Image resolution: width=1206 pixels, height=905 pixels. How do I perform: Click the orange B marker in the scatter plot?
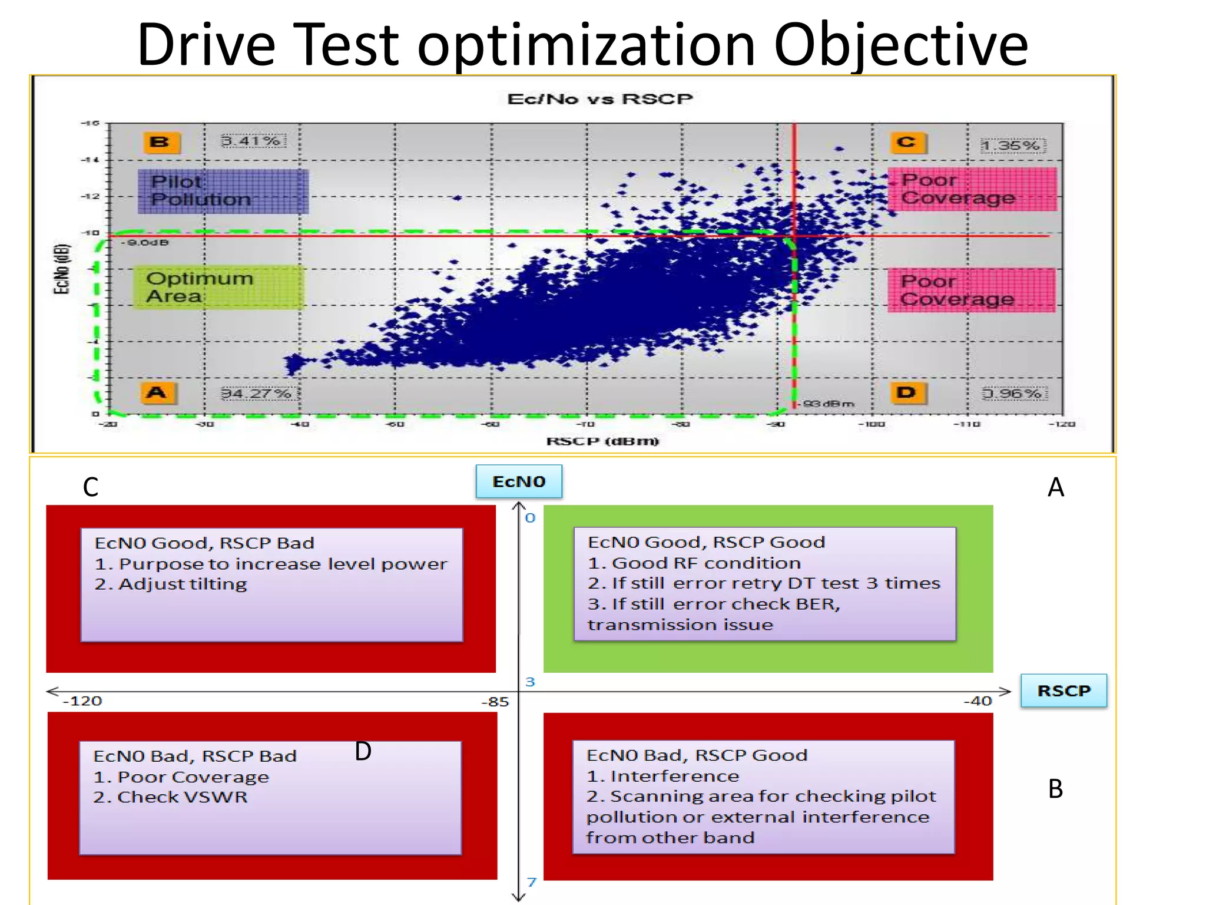point(161,142)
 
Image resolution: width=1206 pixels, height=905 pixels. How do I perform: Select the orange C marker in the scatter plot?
point(907,143)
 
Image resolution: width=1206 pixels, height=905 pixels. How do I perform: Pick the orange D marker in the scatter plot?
point(907,393)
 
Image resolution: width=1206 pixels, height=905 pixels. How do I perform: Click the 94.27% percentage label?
point(256,393)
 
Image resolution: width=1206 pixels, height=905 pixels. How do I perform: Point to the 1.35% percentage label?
point(1012,146)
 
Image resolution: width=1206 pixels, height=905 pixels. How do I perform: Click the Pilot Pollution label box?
point(223,191)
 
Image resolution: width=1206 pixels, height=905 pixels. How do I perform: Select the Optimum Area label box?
point(218,287)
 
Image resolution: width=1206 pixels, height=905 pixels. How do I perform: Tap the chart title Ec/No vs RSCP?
point(600,99)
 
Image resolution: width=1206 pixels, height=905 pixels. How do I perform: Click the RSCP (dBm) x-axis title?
point(602,441)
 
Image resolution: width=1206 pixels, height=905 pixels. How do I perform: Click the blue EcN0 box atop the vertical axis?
point(519,481)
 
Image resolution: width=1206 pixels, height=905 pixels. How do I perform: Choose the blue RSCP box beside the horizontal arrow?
point(1063,691)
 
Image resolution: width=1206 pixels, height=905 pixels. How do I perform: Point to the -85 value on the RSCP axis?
point(495,702)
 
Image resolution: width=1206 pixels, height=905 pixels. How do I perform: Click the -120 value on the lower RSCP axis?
point(82,701)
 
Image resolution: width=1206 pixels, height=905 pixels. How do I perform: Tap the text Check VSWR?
point(182,797)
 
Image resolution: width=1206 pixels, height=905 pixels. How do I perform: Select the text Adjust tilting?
point(183,584)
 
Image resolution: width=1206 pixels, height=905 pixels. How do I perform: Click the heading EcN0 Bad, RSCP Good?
point(697,755)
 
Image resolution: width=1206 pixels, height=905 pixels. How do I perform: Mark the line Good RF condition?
point(706,563)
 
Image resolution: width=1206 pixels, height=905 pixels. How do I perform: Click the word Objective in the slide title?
point(900,45)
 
